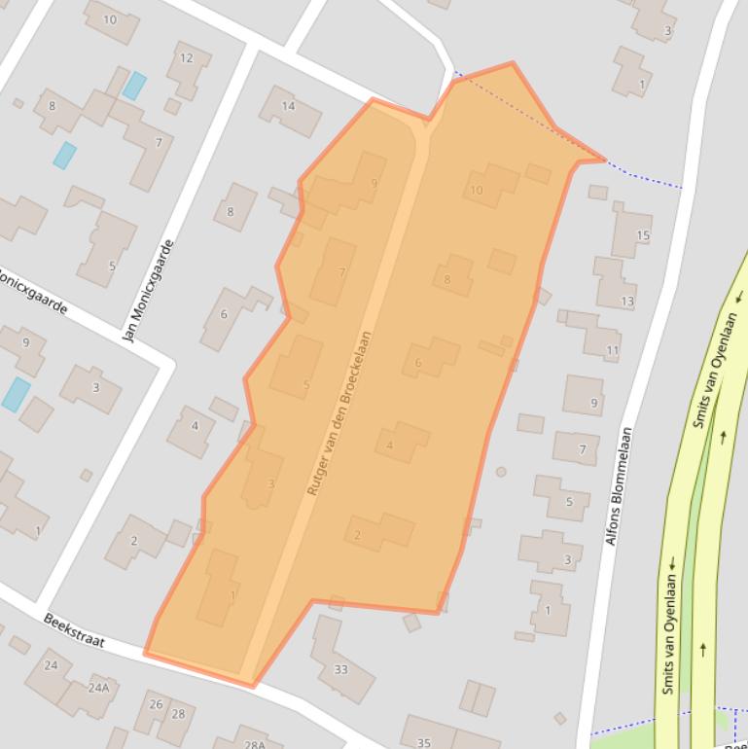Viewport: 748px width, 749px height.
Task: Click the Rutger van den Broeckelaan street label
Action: tap(340, 412)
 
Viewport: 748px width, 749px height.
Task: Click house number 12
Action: tap(186, 58)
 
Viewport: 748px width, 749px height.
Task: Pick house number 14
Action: tap(288, 106)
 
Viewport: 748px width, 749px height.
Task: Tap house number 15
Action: tap(642, 235)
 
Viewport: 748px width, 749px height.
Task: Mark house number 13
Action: tap(627, 302)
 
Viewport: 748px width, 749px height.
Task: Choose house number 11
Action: tap(612, 350)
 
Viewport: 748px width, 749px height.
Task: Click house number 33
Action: tap(340, 669)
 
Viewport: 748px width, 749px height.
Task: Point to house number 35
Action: tap(424, 743)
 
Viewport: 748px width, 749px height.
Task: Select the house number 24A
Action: tap(98, 687)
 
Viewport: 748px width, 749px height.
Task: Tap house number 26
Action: tap(156, 704)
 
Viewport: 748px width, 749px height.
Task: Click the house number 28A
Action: tap(255, 744)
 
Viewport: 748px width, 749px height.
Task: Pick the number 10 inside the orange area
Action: tap(476, 191)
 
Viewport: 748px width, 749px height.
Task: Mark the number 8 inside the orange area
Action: tap(447, 280)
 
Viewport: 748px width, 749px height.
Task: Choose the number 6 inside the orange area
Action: tap(418, 364)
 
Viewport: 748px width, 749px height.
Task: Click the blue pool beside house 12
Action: tap(134, 86)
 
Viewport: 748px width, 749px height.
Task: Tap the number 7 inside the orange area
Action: tap(341, 272)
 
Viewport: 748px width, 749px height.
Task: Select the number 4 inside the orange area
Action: tap(390, 446)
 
